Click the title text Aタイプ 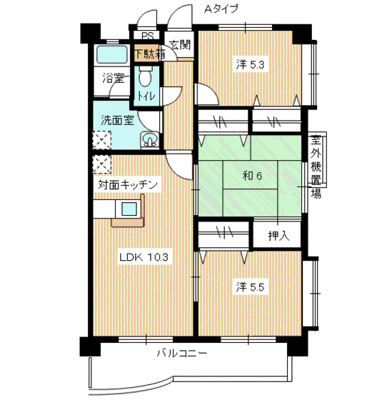[221, 9]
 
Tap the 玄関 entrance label [180, 45]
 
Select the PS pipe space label [148, 36]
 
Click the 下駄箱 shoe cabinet [150, 54]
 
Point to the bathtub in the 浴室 [112, 55]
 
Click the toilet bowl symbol [146, 76]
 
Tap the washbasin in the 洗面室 [149, 140]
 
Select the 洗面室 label [117, 120]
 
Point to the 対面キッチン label [128, 185]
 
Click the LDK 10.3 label [144, 257]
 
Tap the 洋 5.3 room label [250, 64]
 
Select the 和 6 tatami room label [252, 176]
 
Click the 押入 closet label [278, 236]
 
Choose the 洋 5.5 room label [250, 287]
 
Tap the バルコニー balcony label [181, 354]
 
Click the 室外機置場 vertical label [316, 166]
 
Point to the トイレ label [146, 96]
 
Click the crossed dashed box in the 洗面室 [101, 140]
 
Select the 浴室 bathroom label [114, 78]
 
